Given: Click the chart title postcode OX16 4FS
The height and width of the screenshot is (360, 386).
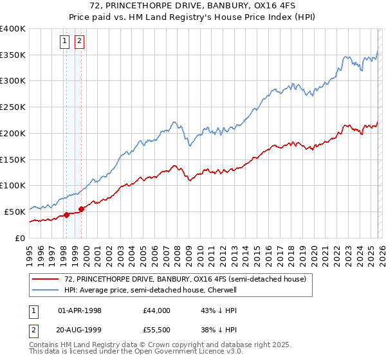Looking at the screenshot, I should [x=261, y=6].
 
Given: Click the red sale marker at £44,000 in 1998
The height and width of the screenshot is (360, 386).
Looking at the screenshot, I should [x=66, y=215].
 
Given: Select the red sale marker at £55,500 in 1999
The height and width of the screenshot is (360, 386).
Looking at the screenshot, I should [x=82, y=209].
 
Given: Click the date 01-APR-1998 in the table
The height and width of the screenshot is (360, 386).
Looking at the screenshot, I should [x=80, y=310].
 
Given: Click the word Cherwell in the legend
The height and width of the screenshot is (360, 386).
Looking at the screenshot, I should [x=221, y=290].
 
